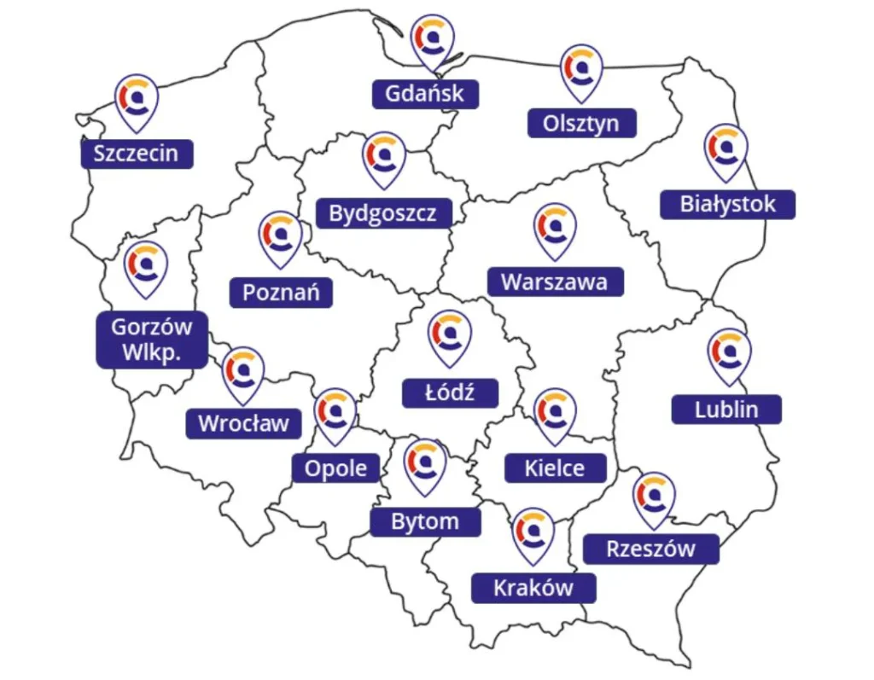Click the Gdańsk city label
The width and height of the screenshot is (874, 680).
tap(424, 93)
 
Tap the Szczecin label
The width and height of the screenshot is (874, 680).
tap(137, 154)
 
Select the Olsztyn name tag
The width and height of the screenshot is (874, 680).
tap(581, 123)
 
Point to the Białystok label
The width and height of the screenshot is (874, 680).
tap(728, 204)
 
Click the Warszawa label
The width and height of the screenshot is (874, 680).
tap(555, 282)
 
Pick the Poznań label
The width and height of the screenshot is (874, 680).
tap(281, 293)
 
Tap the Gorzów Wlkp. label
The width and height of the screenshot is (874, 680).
tap(152, 339)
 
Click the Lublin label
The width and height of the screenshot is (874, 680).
tap(726, 409)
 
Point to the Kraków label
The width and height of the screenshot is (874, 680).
tap(533, 588)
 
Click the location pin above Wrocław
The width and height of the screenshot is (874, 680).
tap(243, 373)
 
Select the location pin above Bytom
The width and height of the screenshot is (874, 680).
tap(425, 464)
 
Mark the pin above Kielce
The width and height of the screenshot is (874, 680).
tap(555, 414)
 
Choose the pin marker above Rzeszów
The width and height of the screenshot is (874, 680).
tap(655, 498)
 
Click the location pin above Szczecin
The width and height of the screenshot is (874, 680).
tap(137, 100)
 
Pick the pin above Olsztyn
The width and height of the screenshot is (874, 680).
tap(581, 71)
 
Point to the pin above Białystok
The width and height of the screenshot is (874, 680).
tap(726, 150)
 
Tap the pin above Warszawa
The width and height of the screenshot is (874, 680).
tap(555, 229)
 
